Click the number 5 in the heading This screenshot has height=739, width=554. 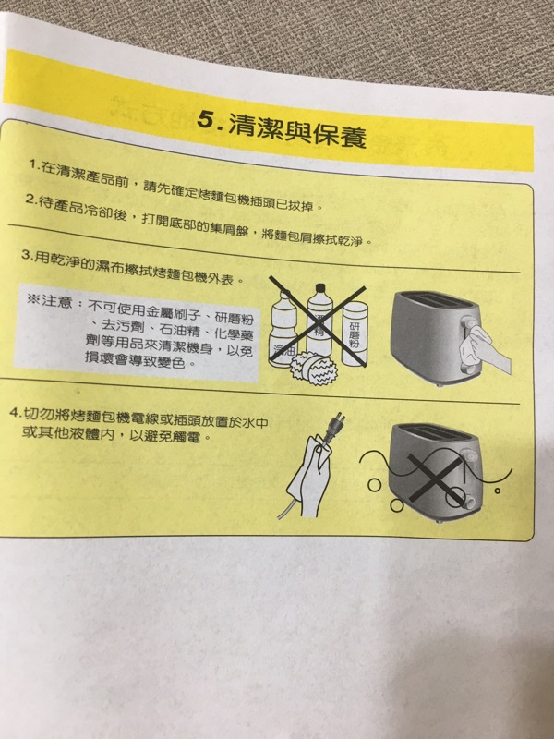click(206, 120)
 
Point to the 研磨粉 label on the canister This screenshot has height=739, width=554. click(355, 336)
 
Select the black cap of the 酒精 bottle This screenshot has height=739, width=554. click(320, 288)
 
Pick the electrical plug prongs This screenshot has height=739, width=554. click(340, 418)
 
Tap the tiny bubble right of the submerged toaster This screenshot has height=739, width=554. click(497, 491)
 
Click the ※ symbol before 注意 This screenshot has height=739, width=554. click(33, 298)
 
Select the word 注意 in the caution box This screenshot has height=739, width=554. click(56, 301)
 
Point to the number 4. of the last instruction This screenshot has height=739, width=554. click(16, 412)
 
